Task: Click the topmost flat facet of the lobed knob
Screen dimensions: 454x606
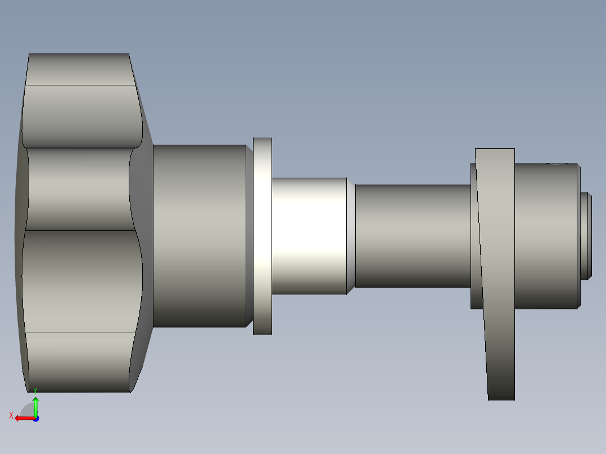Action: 79,69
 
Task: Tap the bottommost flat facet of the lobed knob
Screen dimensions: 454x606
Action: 79,362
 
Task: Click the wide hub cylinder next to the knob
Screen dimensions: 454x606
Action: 200,236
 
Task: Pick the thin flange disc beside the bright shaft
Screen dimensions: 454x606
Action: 263,236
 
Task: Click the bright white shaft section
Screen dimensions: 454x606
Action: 309,236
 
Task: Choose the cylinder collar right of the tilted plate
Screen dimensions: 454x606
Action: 545,236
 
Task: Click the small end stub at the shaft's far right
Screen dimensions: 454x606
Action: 586,236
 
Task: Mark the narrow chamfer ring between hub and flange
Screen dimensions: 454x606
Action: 250,236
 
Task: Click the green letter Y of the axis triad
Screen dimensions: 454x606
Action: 35,390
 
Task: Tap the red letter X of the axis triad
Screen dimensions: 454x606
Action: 11,416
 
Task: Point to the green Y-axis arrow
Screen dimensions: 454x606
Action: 35,406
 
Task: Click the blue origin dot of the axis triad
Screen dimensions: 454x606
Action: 35,419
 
